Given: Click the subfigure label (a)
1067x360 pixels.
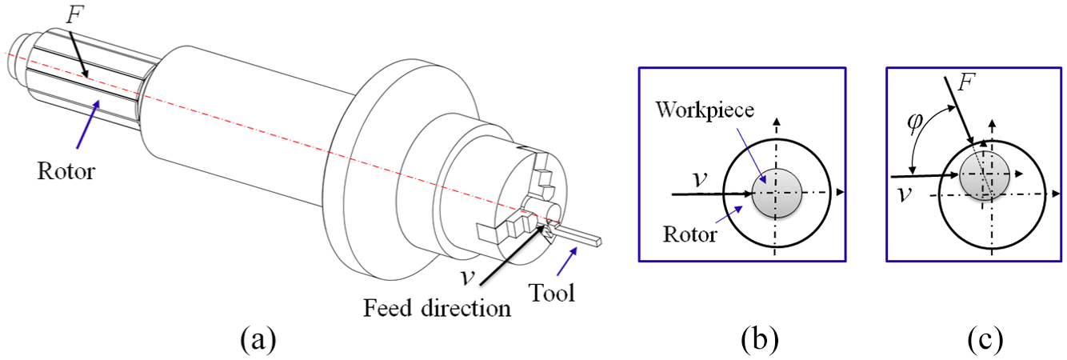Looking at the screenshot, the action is (258, 339).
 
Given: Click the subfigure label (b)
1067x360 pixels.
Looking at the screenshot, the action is (760, 339).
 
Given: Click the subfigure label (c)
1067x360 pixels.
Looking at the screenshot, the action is (985, 339).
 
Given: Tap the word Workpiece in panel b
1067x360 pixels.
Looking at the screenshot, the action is (705, 111).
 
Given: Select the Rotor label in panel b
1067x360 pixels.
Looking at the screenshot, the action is (690, 234).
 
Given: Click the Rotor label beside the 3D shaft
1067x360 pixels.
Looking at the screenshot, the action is (66, 171).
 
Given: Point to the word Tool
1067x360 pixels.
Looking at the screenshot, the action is (552, 293).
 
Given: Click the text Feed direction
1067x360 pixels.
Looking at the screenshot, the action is (437, 308).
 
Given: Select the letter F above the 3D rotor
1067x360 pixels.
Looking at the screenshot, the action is (74, 14).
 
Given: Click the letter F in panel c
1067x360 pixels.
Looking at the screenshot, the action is (966, 82).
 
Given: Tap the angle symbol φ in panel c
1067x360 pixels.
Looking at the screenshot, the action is (915, 122).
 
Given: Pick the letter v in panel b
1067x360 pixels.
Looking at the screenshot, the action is (700, 179).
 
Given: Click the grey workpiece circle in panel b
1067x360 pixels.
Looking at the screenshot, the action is (777, 193).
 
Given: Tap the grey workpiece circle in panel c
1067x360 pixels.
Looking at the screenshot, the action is (984, 175).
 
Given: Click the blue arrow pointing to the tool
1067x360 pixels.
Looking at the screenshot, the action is (567, 261).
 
